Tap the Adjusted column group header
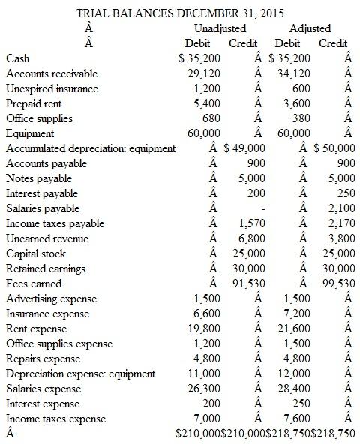click(310, 28)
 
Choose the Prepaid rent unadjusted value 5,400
click(207, 103)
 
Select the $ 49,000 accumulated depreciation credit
click(243, 148)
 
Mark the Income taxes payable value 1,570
click(251, 223)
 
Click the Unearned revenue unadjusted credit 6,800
click(251, 238)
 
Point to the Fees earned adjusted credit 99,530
click(340, 283)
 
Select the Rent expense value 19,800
click(205, 328)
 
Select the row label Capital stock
click(36, 253)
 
